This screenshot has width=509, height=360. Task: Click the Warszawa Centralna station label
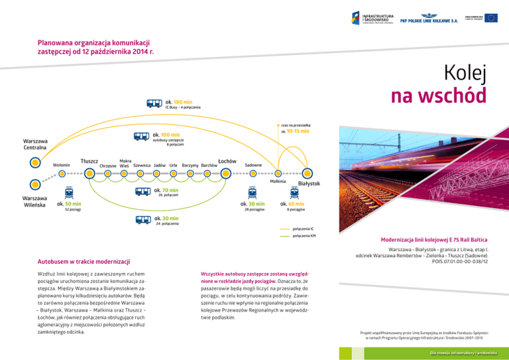35,144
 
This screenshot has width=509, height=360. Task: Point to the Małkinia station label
278,181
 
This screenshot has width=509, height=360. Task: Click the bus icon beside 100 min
142,137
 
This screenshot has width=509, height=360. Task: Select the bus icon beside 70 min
142,192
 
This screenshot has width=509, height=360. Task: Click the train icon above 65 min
292,193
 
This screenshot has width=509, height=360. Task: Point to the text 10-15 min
297,131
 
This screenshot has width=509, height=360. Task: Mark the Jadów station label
159,164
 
